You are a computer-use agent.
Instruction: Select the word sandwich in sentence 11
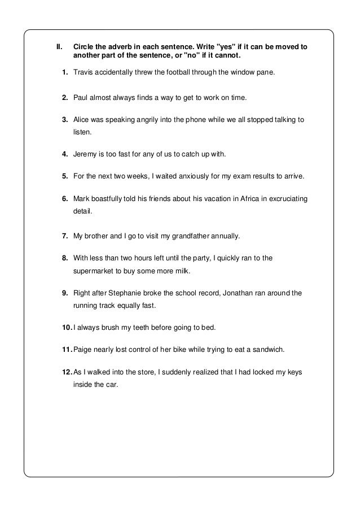pos(268,350)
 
